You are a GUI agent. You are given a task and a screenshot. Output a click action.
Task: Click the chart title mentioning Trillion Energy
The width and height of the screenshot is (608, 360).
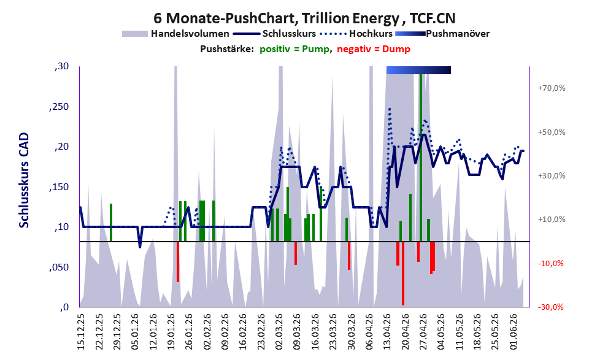[304, 18]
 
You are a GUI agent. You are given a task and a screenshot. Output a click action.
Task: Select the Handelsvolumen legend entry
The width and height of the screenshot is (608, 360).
[175, 34]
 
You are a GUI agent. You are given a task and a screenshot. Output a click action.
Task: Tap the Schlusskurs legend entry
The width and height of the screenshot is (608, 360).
[274, 34]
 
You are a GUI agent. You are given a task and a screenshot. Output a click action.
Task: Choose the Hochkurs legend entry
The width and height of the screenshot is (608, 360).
[356, 34]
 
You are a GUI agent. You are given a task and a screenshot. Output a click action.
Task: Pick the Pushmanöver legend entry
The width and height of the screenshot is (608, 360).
[442, 34]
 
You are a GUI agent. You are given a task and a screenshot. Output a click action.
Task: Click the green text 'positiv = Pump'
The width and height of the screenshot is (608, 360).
[294, 49]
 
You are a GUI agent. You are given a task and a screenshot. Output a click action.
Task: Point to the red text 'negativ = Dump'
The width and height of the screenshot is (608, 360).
[374, 49]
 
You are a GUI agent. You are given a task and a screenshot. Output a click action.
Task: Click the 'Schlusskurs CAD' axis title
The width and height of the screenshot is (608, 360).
[24, 180]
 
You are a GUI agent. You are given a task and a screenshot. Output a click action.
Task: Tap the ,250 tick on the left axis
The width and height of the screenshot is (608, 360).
[59, 107]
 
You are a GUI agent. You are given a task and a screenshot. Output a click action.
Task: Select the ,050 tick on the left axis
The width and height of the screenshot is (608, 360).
[59, 267]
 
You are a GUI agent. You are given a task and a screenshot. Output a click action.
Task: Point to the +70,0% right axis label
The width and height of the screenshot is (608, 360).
[552, 88]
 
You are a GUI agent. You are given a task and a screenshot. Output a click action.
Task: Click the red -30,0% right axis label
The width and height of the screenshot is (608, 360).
[551, 307]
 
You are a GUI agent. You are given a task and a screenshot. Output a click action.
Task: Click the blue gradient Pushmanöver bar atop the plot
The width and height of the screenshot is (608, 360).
[418, 70]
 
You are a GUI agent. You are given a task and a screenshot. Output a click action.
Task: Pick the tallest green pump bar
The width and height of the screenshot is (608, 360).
[421, 158]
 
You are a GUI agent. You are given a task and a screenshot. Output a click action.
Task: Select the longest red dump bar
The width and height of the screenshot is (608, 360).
[403, 274]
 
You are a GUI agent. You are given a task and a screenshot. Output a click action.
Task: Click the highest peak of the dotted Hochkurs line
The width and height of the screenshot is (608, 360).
[390, 109]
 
